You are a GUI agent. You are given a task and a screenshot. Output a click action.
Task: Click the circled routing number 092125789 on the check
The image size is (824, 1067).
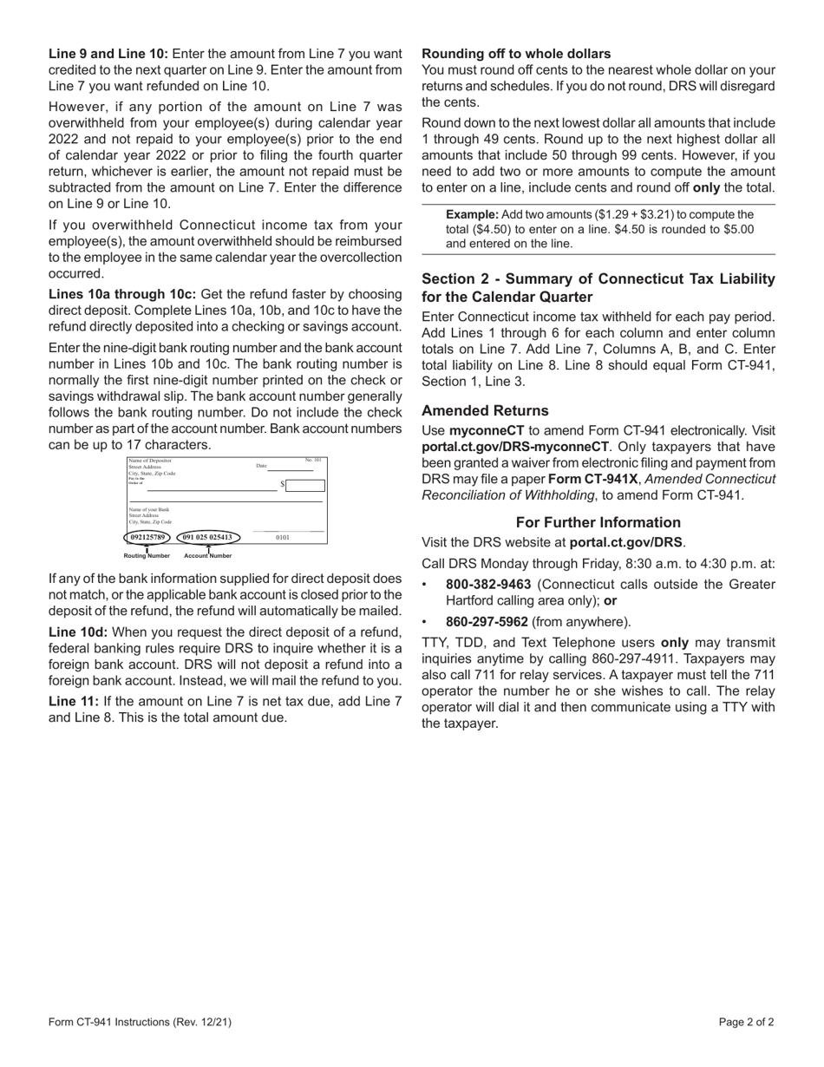click(147, 537)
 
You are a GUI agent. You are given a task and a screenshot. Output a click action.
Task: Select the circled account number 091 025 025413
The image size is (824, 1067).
click(207, 537)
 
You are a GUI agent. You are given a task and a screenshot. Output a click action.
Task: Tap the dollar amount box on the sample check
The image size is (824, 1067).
click(305, 485)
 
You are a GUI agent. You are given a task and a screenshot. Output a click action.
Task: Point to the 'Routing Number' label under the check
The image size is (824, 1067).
click(147, 555)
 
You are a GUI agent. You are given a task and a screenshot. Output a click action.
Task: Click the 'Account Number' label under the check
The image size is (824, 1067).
click(207, 555)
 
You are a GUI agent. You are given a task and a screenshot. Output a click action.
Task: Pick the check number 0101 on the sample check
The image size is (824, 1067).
click(283, 538)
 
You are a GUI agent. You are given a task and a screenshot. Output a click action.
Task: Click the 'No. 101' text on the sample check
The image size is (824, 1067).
click(312, 460)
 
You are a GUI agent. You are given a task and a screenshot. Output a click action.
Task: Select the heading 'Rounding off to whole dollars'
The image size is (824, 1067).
click(516, 54)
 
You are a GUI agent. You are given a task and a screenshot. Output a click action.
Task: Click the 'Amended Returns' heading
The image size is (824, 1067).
click(485, 410)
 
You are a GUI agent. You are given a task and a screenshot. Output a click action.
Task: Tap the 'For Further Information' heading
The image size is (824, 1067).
click(598, 522)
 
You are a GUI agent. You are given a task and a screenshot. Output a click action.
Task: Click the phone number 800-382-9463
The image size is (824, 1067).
click(488, 585)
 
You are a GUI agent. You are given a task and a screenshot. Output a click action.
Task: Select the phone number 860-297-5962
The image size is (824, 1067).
click(487, 622)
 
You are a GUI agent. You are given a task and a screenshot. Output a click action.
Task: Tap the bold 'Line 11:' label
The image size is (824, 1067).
click(74, 701)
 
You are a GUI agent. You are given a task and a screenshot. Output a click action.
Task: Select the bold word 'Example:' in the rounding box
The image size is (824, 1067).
click(473, 214)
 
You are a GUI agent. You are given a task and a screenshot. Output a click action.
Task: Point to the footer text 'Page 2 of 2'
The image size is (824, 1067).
click(747, 1022)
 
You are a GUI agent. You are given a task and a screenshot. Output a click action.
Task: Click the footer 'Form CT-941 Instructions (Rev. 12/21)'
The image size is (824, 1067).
click(140, 1022)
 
